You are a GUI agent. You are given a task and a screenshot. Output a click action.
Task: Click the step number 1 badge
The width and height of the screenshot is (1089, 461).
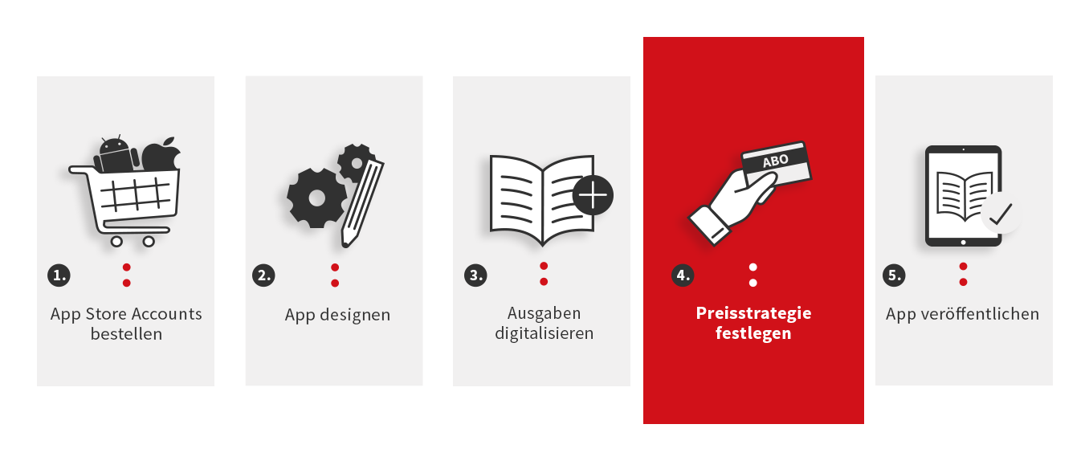point(59,275)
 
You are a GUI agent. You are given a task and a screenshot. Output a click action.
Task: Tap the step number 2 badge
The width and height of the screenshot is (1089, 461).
point(263,275)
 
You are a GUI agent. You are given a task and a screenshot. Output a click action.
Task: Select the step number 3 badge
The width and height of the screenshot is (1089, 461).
point(475,275)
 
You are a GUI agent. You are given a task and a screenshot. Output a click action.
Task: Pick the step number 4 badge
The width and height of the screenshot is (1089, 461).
point(683,275)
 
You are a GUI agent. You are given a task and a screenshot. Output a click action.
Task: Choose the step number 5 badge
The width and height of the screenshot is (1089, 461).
point(894,275)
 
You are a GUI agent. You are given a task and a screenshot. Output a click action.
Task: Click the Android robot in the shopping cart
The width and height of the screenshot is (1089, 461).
point(116,155)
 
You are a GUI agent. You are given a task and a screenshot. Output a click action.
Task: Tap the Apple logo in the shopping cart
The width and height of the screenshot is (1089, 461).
point(161,155)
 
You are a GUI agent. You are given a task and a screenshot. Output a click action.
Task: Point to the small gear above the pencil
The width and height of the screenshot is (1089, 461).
point(357,163)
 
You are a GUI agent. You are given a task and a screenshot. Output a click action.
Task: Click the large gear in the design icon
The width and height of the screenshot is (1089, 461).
point(316,198)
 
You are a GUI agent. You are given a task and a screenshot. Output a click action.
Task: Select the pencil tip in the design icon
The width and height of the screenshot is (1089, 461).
point(346,241)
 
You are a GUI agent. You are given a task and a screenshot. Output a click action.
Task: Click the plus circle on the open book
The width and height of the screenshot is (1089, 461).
point(593,195)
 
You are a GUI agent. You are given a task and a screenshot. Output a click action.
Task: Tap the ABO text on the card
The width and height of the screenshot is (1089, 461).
point(775,161)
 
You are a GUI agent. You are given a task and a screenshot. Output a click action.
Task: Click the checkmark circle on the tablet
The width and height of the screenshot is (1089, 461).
point(1001,214)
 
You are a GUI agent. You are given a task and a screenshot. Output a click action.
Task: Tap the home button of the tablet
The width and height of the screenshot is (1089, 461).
point(963,243)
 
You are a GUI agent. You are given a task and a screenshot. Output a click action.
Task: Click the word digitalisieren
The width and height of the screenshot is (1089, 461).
point(544,333)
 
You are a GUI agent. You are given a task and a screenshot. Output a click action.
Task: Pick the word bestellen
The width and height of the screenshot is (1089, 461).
point(126,334)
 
